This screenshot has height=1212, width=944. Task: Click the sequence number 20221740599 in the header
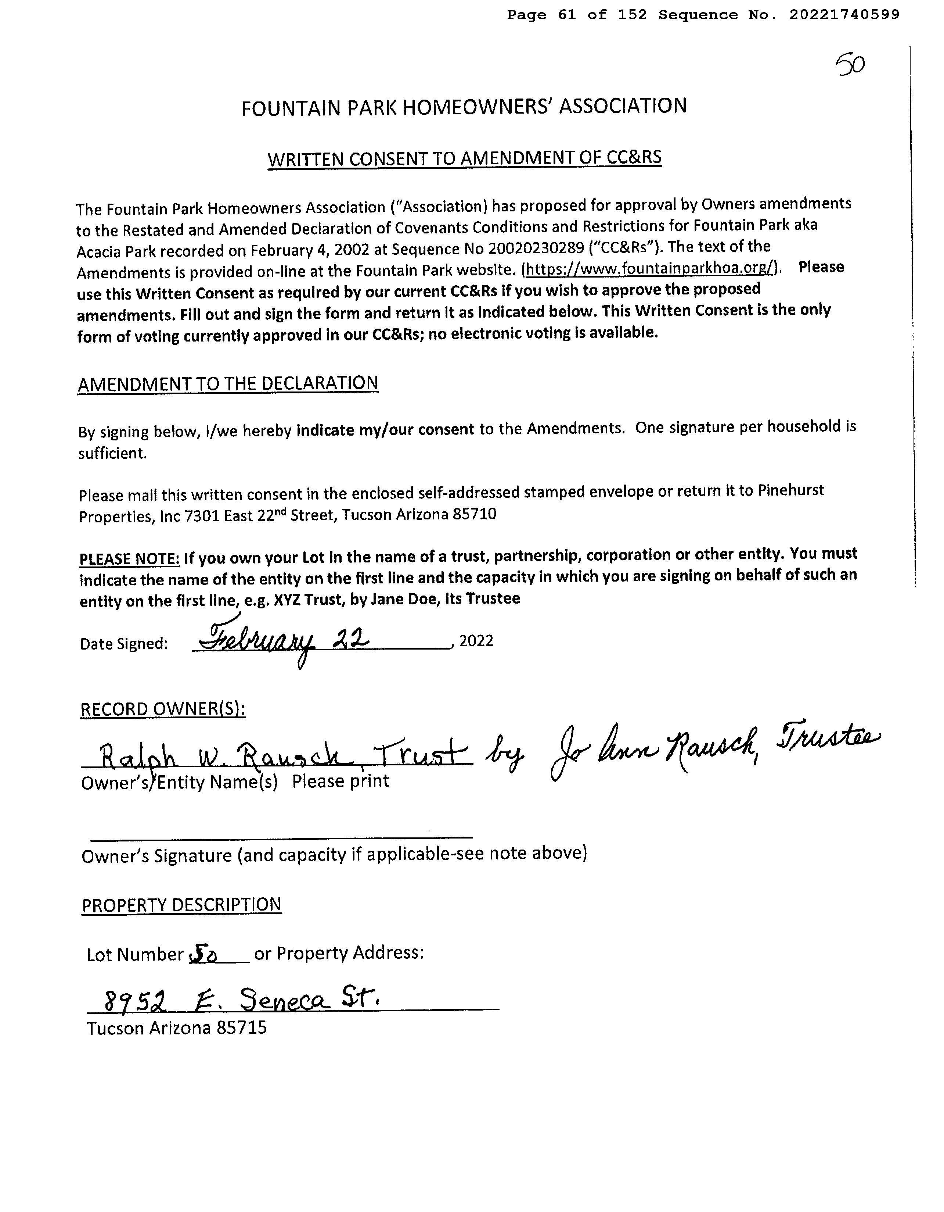844,15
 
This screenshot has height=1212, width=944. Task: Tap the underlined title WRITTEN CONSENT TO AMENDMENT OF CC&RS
464,158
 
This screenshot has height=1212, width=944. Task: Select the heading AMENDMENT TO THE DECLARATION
227,384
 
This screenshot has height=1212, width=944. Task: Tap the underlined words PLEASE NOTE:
129,559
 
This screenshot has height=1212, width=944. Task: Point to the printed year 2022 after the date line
476,641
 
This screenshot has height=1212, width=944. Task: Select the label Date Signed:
124,644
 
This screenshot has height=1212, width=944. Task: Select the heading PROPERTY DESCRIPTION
181,905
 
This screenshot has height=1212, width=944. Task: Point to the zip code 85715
241,1028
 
